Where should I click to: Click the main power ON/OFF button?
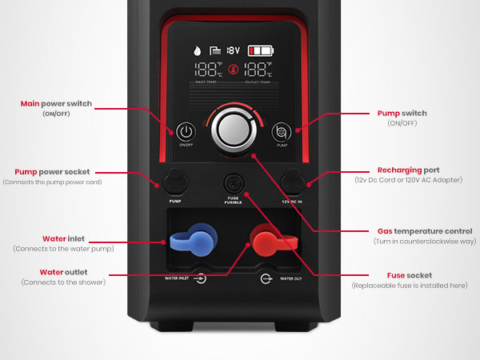186,130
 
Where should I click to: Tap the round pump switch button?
281,130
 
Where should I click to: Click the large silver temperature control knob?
234,129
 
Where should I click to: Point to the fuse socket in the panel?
234,181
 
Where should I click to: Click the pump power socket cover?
174,181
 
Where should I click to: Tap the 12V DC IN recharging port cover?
291,181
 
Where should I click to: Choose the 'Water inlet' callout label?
65,238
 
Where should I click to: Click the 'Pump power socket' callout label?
53,171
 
